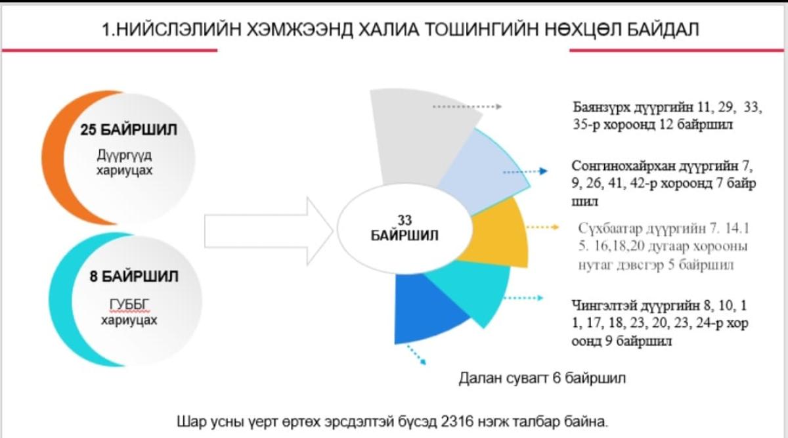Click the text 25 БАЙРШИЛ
click(x=129, y=130)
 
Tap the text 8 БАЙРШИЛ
click(x=134, y=276)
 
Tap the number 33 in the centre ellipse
click(x=405, y=221)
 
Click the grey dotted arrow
click(x=467, y=106)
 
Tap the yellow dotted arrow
click(x=542, y=227)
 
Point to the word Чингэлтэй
click(x=603, y=305)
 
